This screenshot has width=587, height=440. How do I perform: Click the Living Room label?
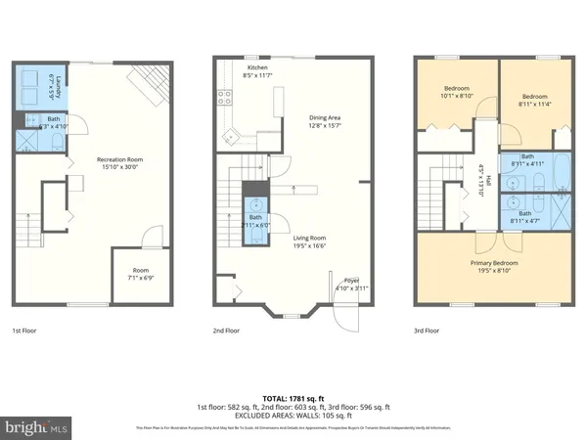coord(312,241)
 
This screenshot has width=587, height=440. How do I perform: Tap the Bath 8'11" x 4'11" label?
coord(527,159)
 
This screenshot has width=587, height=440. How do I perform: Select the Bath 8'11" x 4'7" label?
coord(527,216)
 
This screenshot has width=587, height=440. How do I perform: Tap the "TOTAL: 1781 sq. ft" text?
coord(293,397)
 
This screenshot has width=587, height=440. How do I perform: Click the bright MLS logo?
coord(36,426)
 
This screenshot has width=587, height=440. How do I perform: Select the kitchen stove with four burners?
coord(224,97)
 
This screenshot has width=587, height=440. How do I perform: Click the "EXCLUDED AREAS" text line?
coord(293,415)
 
